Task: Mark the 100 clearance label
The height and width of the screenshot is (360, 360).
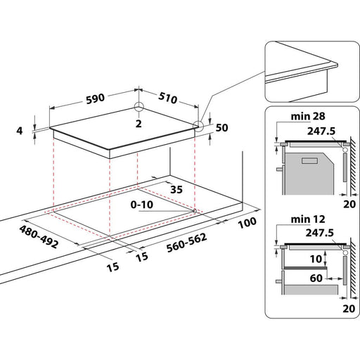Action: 246,224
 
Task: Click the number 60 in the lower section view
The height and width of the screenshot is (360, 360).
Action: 316,278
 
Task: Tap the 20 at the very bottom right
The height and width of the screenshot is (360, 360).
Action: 347,308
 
